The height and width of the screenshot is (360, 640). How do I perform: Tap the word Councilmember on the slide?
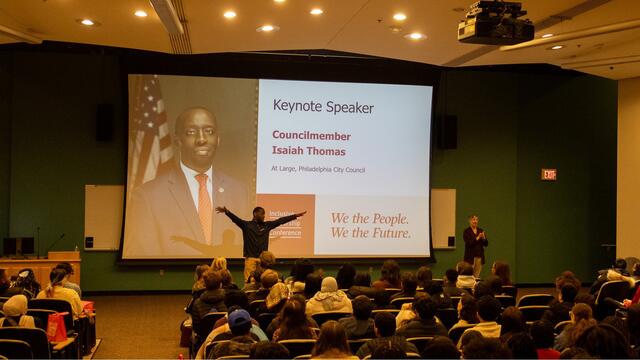pyautogui.click(x=312, y=135)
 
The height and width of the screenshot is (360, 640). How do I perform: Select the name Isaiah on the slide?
pyautogui.click(x=290, y=150)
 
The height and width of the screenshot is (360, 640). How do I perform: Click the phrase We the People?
pyautogui.click(x=369, y=217)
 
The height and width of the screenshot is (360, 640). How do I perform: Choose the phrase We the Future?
pyautogui.click(x=369, y=232)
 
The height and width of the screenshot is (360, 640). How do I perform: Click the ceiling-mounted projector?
pyautogui.click(x=495, y=24)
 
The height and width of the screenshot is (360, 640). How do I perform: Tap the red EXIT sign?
pyautogui.click(x=548, y=174)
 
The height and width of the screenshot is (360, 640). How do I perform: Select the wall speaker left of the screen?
pyautogui.click(x=104, y=122)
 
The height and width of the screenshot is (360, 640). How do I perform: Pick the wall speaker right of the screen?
pyautogui.click(x=447, y=131)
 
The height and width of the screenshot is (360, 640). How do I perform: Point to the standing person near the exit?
pyautogui.click(x=474, y=243)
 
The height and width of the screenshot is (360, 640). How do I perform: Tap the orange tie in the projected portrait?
pyautogui.click(x=203, y=206)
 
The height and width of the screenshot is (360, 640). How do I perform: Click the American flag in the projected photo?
pyautogui.click(x=149, y=130)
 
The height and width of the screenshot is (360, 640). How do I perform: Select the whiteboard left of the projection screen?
pyautogui.click(x=103, y=217)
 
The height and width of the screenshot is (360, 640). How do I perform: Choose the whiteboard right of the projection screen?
pyautogui.click(x=443, y=218)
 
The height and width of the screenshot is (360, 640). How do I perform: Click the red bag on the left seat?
pyautogui.click(x=57, y=327)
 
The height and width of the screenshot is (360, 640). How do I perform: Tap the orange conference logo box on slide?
pyautogui.click(x=285, y=223)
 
